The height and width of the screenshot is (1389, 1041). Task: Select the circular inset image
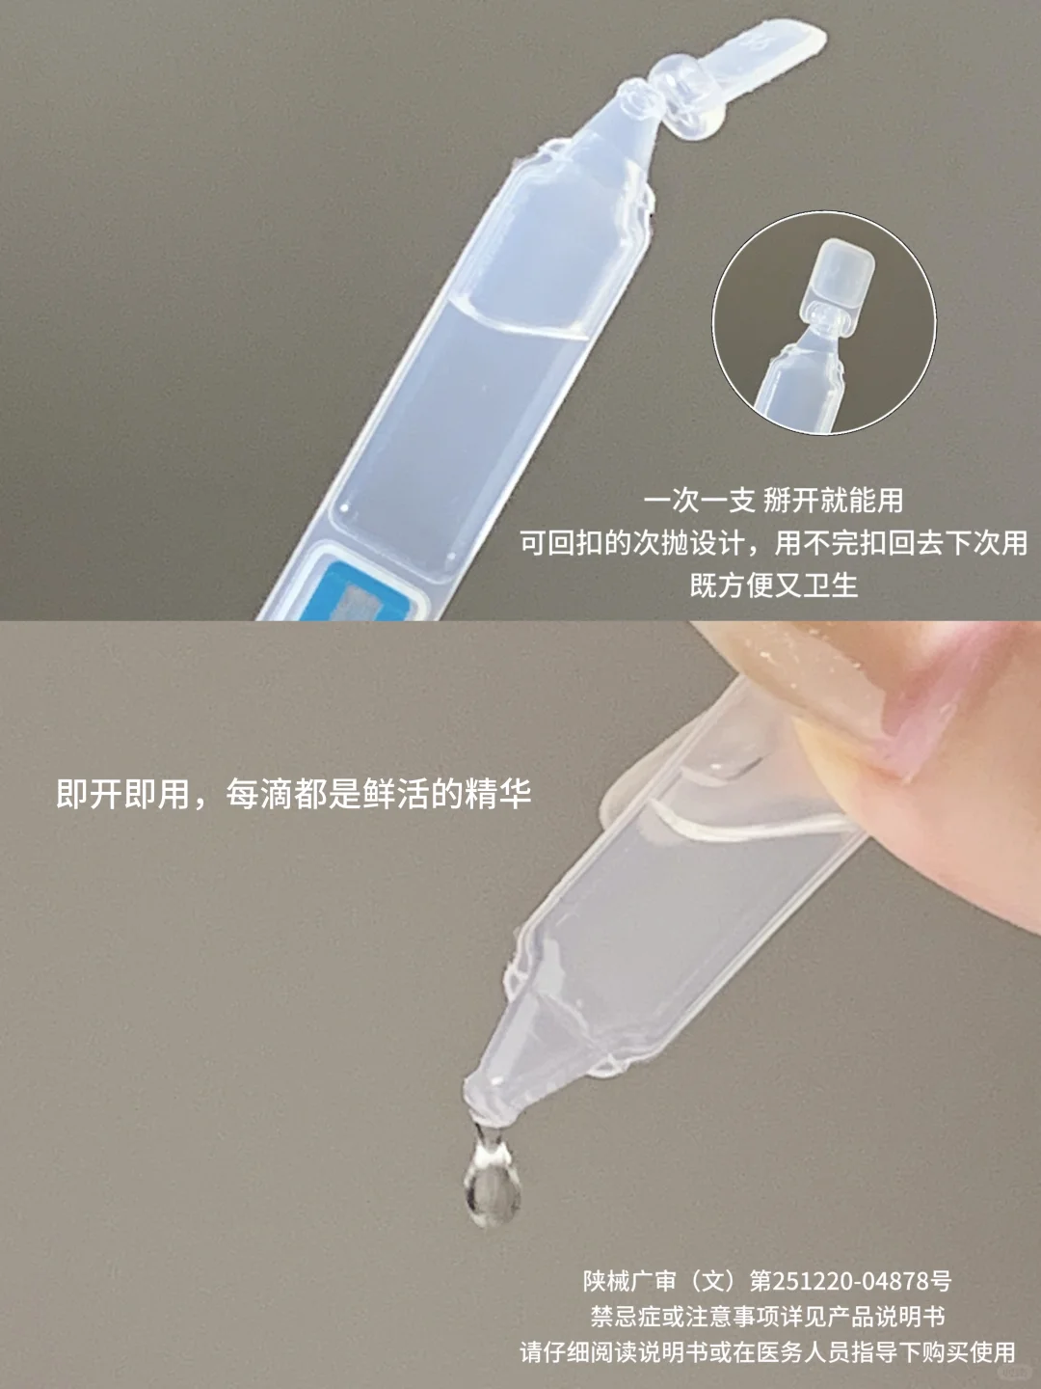click(x=824, y=323)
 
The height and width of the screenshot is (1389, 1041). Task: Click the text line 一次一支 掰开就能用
click(x=773, y=500)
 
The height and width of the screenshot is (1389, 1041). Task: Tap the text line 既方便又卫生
click(x=773, y=585)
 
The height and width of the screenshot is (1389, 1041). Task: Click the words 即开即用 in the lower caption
click(x=122, y=794)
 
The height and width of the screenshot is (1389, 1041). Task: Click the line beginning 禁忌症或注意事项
click(x=767, y=1317)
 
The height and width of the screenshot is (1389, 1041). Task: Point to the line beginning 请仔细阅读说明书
click(x=767, y=1352)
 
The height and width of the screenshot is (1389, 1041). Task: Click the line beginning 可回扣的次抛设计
click(x=773, y=542)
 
